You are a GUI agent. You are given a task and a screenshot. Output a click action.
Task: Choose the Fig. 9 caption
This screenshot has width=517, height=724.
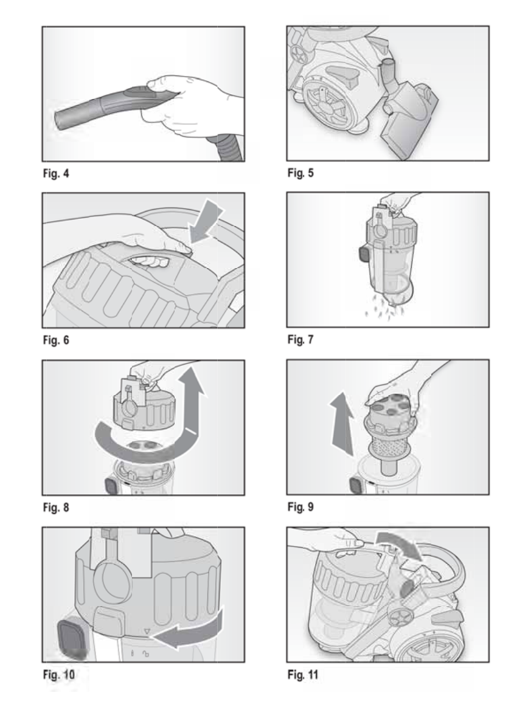[300, 506]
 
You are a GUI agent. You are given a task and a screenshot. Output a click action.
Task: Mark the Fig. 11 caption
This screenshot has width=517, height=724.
[302, 674]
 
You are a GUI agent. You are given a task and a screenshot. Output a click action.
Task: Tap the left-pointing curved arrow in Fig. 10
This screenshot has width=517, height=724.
[186, 632]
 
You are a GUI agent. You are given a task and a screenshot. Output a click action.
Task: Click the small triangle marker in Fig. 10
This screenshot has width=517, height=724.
[147, 632]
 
